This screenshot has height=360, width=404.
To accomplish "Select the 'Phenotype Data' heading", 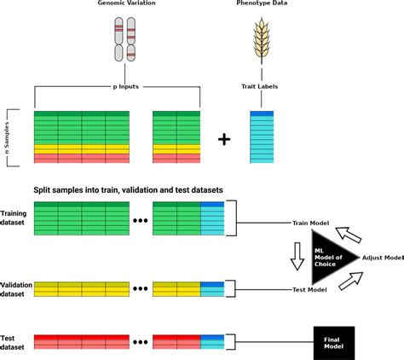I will (x=260, y=6).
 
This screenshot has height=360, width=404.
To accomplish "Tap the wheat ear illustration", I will (x=261, y=43).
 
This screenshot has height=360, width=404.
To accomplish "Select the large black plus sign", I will (x=224, y=138).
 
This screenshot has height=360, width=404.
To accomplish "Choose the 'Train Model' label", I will (x=311, y=224).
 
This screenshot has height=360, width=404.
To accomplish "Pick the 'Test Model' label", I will (x=310, y=290).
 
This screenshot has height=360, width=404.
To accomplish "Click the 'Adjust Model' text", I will (x=381, y=257).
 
